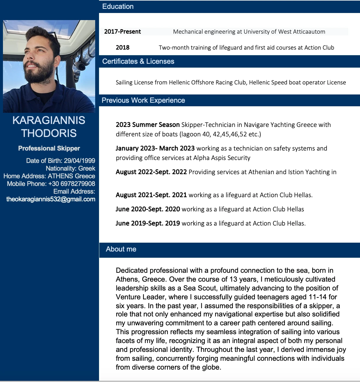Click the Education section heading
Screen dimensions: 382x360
(118, 6)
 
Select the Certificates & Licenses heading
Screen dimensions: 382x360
(138, 61)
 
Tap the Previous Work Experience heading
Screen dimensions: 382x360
(143, 100)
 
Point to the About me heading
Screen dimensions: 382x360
(121, 249)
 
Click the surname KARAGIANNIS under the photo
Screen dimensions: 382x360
(49, 120)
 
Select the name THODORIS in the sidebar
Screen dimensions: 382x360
(49, 133)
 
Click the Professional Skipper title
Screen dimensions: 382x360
(49, 148)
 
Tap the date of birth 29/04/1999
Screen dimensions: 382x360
(80, 161)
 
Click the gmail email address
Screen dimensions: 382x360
(51, 199)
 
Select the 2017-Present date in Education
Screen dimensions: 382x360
(122, 32)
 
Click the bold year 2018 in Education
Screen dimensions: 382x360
(123, 48)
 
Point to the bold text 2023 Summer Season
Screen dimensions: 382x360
(148, 125)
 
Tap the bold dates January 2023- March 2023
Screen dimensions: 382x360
(155, 148)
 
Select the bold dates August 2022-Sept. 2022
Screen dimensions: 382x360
(151, 172)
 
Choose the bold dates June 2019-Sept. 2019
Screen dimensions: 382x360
(148, 223)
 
